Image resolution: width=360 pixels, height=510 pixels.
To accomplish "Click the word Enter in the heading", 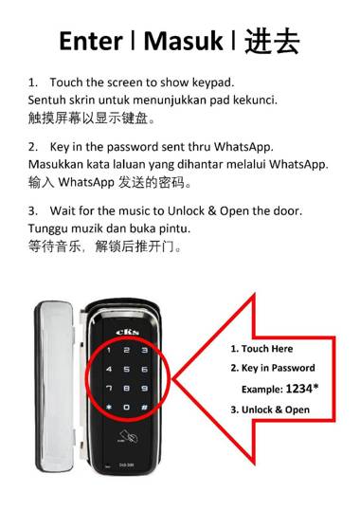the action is (x=91, y=41).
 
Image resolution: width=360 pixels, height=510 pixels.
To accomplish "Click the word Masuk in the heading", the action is (x=183, y=41).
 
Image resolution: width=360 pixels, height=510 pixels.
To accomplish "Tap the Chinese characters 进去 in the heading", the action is (x=272, y=42).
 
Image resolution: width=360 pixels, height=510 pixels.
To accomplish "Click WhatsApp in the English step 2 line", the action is (x=243, y=147).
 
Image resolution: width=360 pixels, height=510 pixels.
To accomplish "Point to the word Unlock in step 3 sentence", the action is (x=186, y=210).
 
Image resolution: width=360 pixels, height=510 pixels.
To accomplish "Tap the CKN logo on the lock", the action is (x=128, y=332).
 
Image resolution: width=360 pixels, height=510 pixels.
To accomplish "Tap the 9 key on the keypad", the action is (x=145, y=389).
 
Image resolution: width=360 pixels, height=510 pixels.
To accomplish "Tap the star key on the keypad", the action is (x=109, y=407).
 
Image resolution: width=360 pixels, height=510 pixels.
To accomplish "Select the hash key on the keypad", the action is (x=145, y=408).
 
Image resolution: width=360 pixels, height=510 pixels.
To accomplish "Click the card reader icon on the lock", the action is (x=127, y=436).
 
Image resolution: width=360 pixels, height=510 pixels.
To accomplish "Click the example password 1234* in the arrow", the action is (x=302, y=389).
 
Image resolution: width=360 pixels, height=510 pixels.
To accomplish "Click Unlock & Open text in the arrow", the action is (x=276, y=410).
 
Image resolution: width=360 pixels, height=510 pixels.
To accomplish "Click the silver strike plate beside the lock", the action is (x=55, y=387).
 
